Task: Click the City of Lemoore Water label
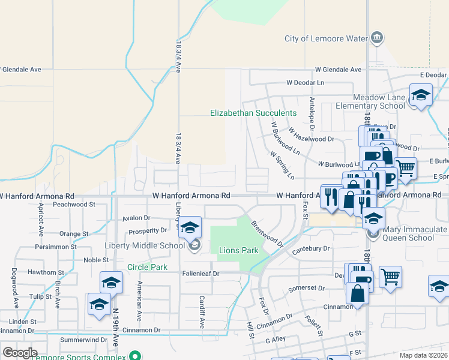tap(325, 39)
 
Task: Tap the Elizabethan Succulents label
tap(253, 113)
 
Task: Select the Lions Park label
tap(238, 250)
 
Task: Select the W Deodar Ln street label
tap(305, 82)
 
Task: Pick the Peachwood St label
tap(74, 205)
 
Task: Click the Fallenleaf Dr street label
tap(202, 274)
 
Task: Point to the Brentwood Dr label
tap(267, 233)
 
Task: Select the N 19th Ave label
tap(115, 328)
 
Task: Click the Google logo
tap(20, 353)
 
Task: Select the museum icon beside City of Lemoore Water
tap(376, 39)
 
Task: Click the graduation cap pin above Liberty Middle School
tap(190, 227)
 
